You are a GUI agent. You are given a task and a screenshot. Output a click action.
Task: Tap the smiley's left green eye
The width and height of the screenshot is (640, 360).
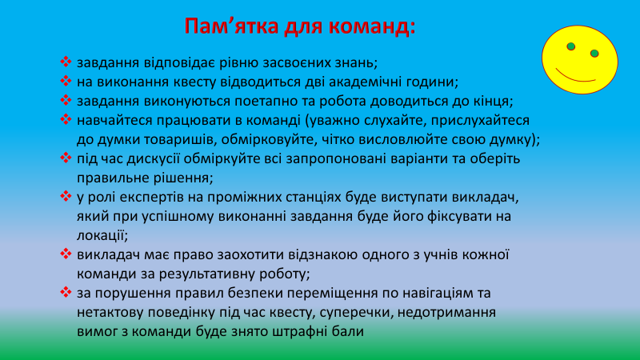click(571, 47)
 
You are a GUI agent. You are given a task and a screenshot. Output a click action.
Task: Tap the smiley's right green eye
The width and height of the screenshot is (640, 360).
click(594, 54)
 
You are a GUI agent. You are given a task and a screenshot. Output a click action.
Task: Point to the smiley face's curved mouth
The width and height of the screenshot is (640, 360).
click(577, 76)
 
